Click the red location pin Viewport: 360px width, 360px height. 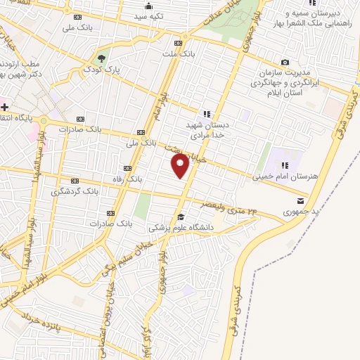coord(181,167)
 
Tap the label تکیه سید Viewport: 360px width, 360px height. coord(150,15)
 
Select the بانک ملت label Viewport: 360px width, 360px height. coord(177,53)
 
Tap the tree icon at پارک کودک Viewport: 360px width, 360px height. coord(103,58)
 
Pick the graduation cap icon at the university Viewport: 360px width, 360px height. coord(181,217)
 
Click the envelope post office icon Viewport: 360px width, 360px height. coord(302,198)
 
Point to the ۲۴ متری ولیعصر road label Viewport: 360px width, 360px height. coord(236,205)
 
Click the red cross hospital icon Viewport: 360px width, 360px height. coord(4,107)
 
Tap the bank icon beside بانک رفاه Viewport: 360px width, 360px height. coord(127,168)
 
